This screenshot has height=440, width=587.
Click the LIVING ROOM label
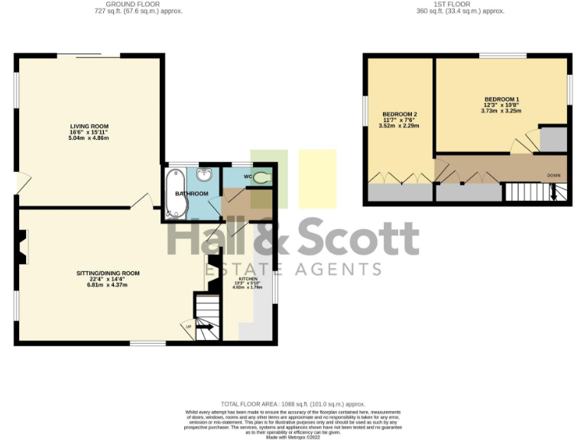point(89,126)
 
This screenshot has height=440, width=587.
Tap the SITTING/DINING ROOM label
point(107,273)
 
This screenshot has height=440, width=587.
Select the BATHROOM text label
point(192,194)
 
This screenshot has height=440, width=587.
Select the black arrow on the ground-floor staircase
point(204,327)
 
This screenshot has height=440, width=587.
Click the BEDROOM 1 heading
point(501,100)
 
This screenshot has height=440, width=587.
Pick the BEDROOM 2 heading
point(398,115)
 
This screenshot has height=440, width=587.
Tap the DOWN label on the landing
point(553,176)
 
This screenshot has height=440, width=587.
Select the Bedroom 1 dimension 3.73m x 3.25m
point(501,111)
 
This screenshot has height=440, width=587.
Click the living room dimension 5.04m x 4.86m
point(89,138)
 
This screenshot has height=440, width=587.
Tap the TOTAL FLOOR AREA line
point(293,403)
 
